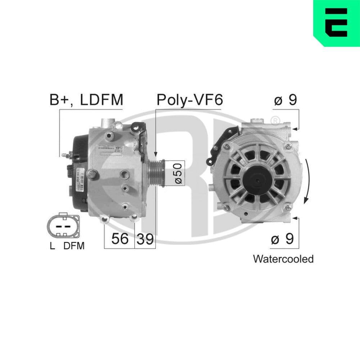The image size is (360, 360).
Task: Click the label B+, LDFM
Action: click(86, 100)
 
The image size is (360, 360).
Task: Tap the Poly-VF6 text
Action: click(189, 100)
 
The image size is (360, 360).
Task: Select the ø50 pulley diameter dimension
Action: click(179, 174)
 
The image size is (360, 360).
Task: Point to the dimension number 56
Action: click(120, 238)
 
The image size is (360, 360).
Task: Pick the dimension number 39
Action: click(145, 238)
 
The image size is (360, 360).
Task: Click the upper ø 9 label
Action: click(285, 100)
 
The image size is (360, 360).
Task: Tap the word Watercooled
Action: click(283, 258)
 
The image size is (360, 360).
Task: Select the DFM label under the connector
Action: click(74, 246)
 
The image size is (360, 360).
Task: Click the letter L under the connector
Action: click(53, 246)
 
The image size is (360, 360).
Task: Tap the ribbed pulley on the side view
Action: click(158, 173)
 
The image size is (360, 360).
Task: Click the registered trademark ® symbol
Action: click(275, 120)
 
